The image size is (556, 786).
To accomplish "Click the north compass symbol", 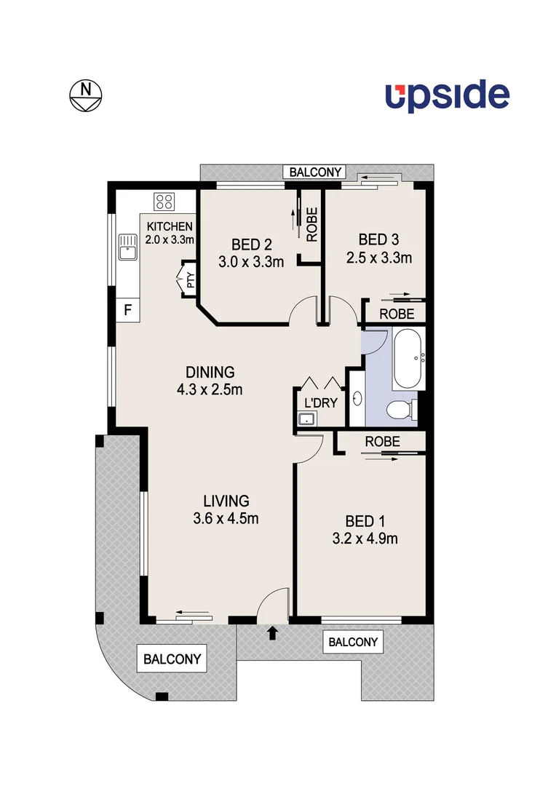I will pos(87,94).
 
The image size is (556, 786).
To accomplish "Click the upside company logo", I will pos(447,96).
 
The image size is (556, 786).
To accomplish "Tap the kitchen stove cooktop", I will pos(163,201).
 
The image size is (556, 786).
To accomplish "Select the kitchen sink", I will pos(128,247).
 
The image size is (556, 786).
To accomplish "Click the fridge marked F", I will pos(128,311).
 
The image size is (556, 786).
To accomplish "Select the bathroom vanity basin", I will pos(357,399).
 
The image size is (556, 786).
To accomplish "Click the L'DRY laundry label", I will pos(320,402).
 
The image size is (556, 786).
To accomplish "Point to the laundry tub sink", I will pos(306,418).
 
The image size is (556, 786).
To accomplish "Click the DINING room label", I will pos(209,371).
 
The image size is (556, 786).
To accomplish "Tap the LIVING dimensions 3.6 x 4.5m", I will pos(226,519).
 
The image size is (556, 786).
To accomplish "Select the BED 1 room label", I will pos(365,520).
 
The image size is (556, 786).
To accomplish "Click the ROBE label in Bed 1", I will pos(381,441).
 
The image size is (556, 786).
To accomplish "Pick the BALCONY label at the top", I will pos(315,172).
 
